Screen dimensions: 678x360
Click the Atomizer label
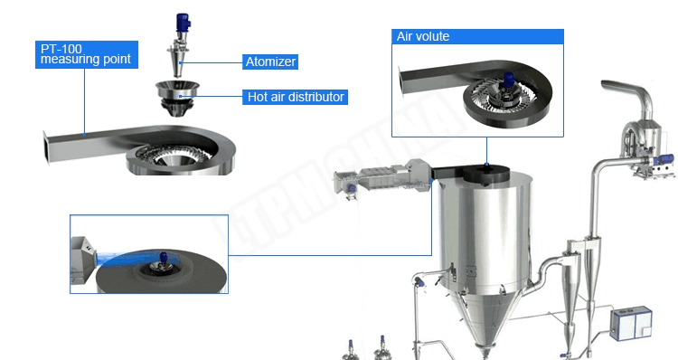(270, 62)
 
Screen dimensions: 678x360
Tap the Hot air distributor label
(296, 97)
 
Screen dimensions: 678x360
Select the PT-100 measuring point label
(87, 54)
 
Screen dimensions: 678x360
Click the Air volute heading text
(423, 36)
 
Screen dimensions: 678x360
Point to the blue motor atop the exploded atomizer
(183, 23)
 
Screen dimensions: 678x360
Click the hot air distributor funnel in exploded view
(177, 98)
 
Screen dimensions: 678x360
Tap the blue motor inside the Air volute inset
(508, 81)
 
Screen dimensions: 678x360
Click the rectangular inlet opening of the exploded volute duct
(45, 147)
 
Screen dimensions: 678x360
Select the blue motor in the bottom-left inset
(164, 258)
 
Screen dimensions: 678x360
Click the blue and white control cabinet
(631, 323)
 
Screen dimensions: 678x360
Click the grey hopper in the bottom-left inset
(82, 259)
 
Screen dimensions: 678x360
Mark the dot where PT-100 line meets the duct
(85, 134)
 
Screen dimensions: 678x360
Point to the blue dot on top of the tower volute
(486, 165)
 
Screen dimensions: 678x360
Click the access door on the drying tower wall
(470, 271)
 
